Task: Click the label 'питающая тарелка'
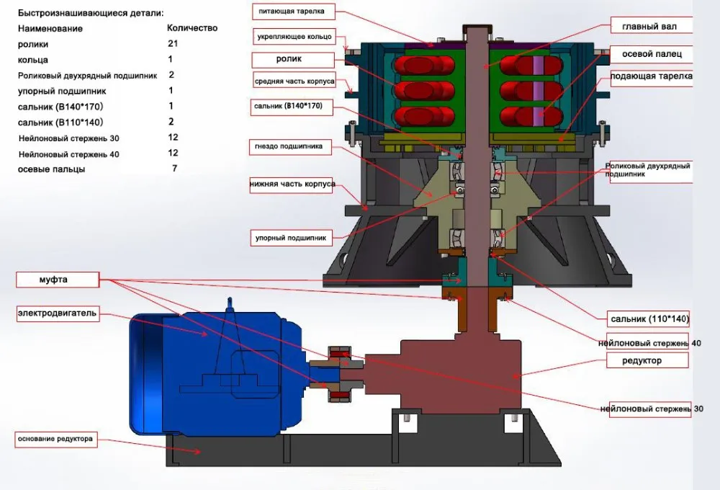pyautogui.click(x=294, y=12)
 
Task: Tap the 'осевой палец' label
pyautogui.click(x=651, y=54)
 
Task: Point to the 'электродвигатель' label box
pyautogui.click(x=58, y=313)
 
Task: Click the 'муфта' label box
pyautogui.click(x=58, y=280)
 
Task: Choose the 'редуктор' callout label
pyautogui.click(x=647, y=360)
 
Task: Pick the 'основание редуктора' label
pyautogui.click(x=56, y=439)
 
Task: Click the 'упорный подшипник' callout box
pyautogui.click(x=291, y=238)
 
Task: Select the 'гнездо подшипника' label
pyautogui.click(x=290, y=146)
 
